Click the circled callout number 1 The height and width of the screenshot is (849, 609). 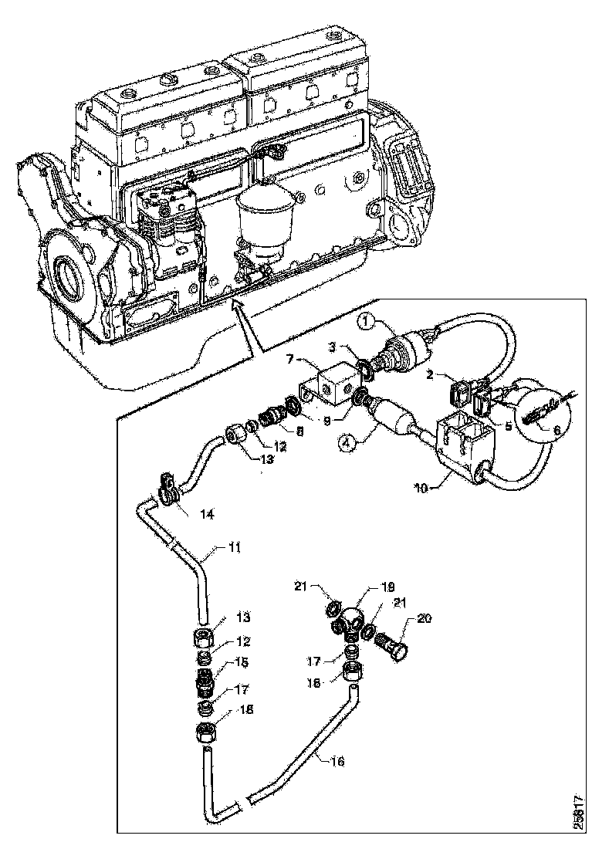tap(369, 322)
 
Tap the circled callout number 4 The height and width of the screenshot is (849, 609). tap(346, 442)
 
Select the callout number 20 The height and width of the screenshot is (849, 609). tap(424, 618)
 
